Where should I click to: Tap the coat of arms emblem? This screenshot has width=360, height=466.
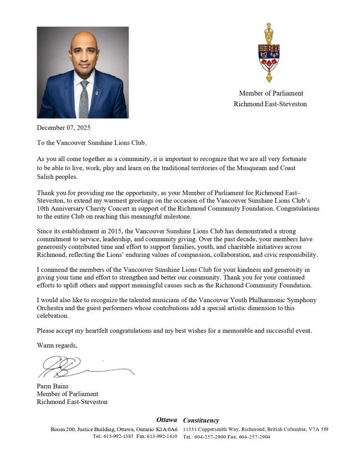(x=269, y=53)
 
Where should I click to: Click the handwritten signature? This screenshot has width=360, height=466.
(x=83, y=366)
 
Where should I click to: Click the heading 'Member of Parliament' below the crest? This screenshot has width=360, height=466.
(x=271, y=93)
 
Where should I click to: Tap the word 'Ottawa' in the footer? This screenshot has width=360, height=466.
(x=167, y=420)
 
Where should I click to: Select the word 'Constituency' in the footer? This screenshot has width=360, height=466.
(x=201, y=420)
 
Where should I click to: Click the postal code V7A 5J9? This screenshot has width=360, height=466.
(x=319, y=429)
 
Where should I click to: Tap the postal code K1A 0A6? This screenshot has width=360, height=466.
(x=167, y=429)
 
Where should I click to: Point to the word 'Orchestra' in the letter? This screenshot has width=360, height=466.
(x=52, y=308)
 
